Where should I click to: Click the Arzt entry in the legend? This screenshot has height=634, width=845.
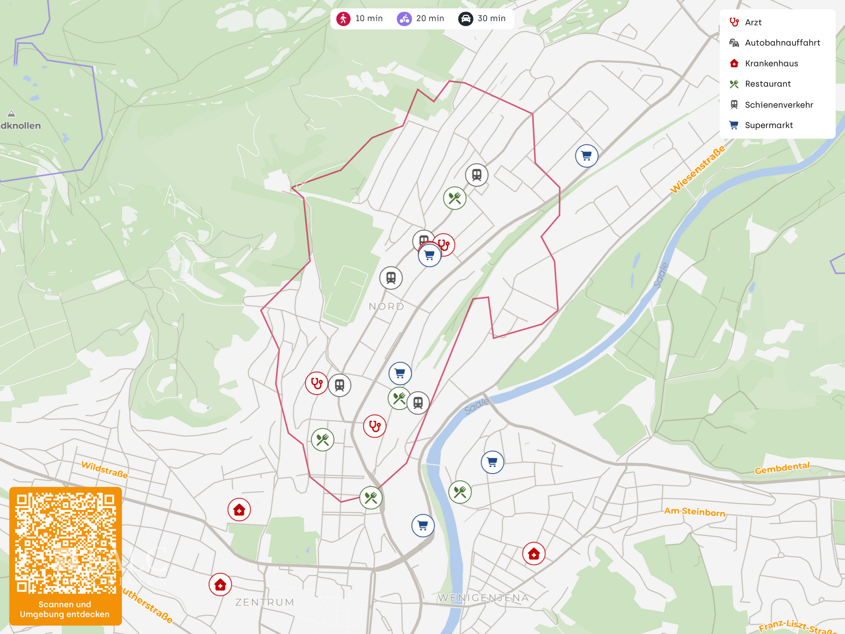753,22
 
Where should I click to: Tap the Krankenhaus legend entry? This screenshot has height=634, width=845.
771,63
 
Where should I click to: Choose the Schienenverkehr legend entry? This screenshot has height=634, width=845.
779,105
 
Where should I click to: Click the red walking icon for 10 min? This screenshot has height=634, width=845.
343,18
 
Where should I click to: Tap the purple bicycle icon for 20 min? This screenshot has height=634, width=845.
404,18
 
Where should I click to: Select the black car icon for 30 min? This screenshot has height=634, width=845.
466,18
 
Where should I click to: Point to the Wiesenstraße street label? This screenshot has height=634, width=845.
697,170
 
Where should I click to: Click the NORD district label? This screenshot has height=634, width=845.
386,306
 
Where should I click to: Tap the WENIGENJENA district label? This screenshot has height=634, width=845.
483,598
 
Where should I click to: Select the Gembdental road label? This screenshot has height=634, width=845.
782,468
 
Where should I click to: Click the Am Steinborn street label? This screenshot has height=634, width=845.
694,512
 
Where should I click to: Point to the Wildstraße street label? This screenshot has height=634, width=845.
105,470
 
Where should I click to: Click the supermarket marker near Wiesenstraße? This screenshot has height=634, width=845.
586,156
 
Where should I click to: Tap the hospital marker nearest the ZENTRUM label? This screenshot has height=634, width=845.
220,585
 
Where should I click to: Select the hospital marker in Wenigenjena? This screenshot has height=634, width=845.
534,554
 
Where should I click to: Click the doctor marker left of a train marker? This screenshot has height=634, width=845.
316,383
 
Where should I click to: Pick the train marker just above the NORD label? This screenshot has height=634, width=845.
391,278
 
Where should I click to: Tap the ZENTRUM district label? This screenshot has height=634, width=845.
265,602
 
